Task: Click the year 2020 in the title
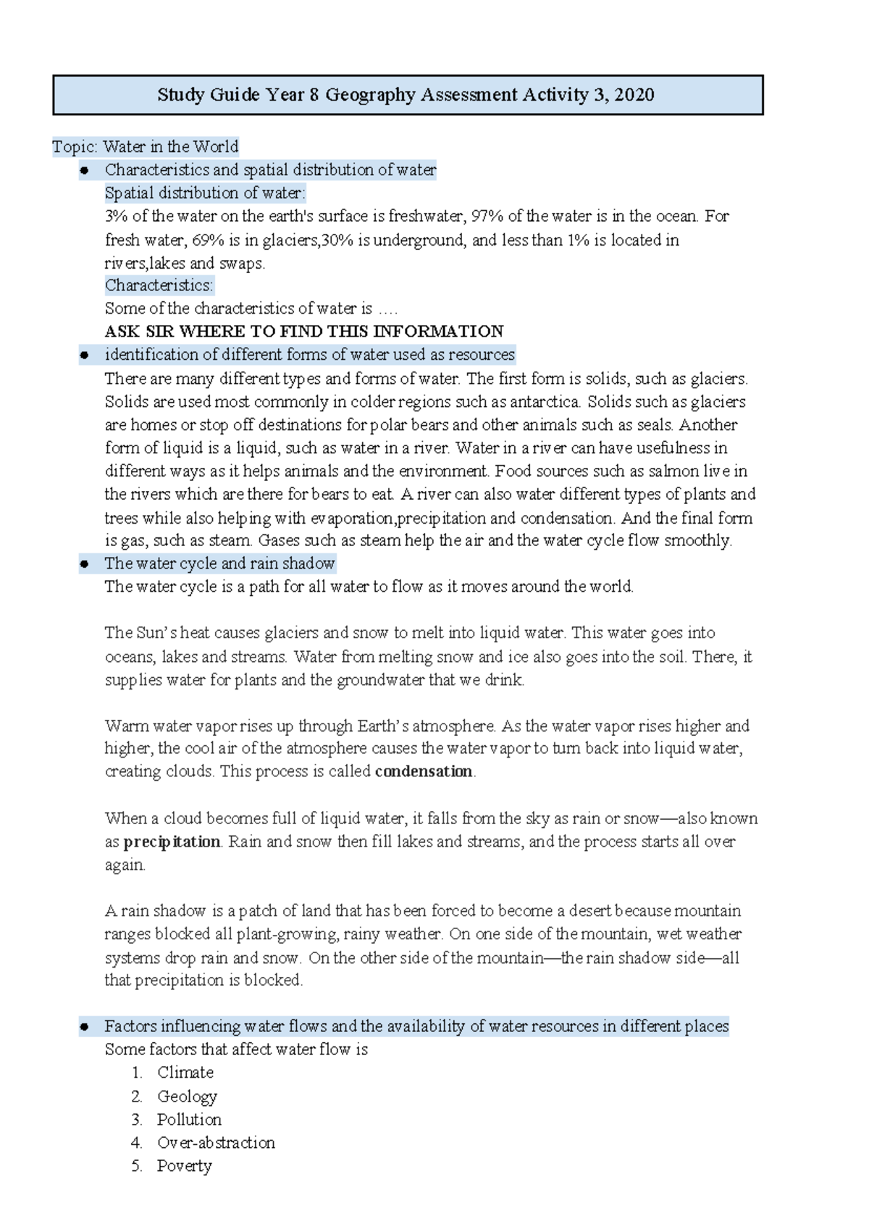[634, 95]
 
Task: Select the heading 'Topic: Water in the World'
[145, 147]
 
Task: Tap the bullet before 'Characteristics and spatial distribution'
[85, 170]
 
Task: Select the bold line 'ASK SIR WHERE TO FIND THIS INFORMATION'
[303, 332]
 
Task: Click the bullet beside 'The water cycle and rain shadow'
[85, 563]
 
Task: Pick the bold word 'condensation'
[424, 771]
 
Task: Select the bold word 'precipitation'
[172, 842]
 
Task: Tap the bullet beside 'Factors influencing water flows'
[85, 1026]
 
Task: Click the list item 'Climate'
[185, 1073]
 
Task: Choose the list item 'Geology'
[187, 1096]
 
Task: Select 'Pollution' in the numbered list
[189, 1120]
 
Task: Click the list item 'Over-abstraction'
[216, 1143]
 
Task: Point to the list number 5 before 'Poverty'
[137, 1166]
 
